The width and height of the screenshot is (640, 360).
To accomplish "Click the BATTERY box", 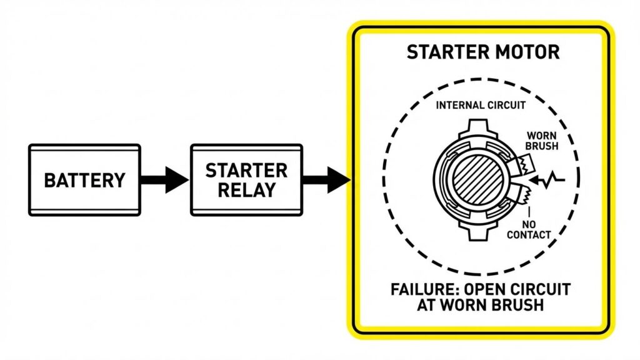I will [x=84, y=180].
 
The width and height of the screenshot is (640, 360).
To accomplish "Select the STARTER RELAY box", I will [x=246, y=180].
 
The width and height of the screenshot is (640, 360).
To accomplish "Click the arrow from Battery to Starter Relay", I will [x=164, y=180].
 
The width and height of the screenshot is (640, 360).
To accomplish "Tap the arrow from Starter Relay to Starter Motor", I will [x=326, y=180].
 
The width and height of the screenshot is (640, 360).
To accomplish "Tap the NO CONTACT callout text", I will [x=528, y=229].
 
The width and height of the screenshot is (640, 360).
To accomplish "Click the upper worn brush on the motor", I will [x=520, y=166].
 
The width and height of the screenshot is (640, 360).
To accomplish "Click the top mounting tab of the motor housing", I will [x=477, y=128].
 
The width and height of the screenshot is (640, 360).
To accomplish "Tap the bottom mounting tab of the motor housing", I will [x=477, y=232].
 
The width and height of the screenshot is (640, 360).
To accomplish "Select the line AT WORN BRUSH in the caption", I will [x=480, y=306].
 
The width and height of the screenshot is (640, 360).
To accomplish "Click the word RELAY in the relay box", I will [x=246, y=190].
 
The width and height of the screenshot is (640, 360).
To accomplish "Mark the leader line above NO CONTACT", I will [x=529, y=213].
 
